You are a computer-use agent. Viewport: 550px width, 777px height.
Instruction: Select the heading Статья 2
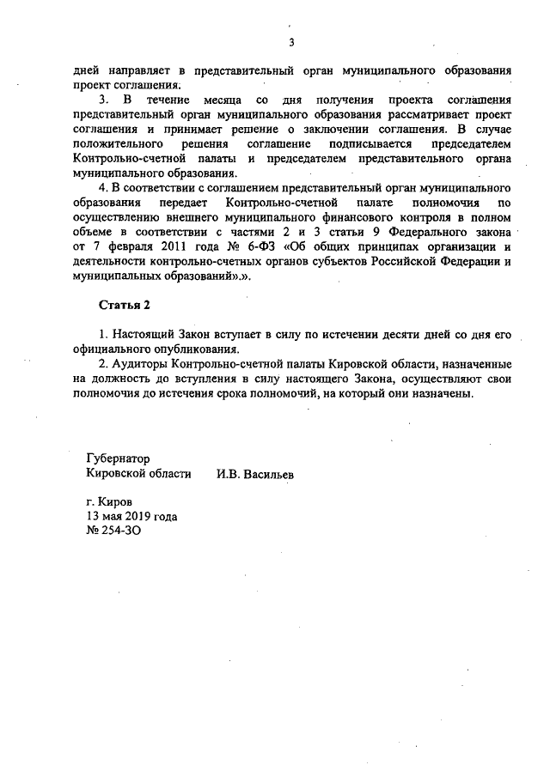click(123, 305)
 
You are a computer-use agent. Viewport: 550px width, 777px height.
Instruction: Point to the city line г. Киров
click(110, 501)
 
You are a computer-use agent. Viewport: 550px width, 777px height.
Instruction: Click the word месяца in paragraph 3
click(218, 100)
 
